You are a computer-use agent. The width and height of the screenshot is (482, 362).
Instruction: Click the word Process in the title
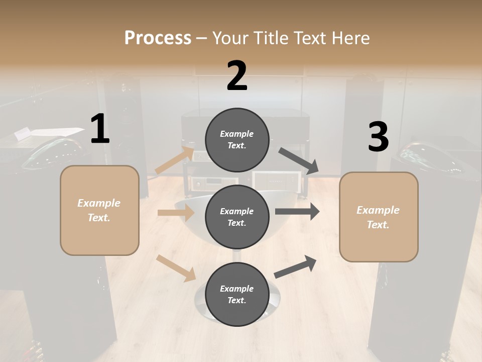(158, 38)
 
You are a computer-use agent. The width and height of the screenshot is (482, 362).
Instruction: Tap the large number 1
(100, 129)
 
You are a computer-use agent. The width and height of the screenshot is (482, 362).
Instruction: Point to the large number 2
(237, 76)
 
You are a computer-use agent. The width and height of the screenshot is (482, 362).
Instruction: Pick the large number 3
(378, 137)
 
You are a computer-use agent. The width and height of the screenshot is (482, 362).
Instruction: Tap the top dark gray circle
(237, 140)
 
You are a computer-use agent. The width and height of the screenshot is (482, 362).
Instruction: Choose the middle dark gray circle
(237, 217)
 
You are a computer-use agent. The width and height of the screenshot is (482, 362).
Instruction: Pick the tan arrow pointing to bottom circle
(176, 268)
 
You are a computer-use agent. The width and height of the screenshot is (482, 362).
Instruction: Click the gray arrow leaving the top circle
(299, 161)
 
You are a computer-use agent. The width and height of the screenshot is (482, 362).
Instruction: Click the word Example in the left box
(99, 203)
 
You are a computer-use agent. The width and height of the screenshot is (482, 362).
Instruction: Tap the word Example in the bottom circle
(236, 289)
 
